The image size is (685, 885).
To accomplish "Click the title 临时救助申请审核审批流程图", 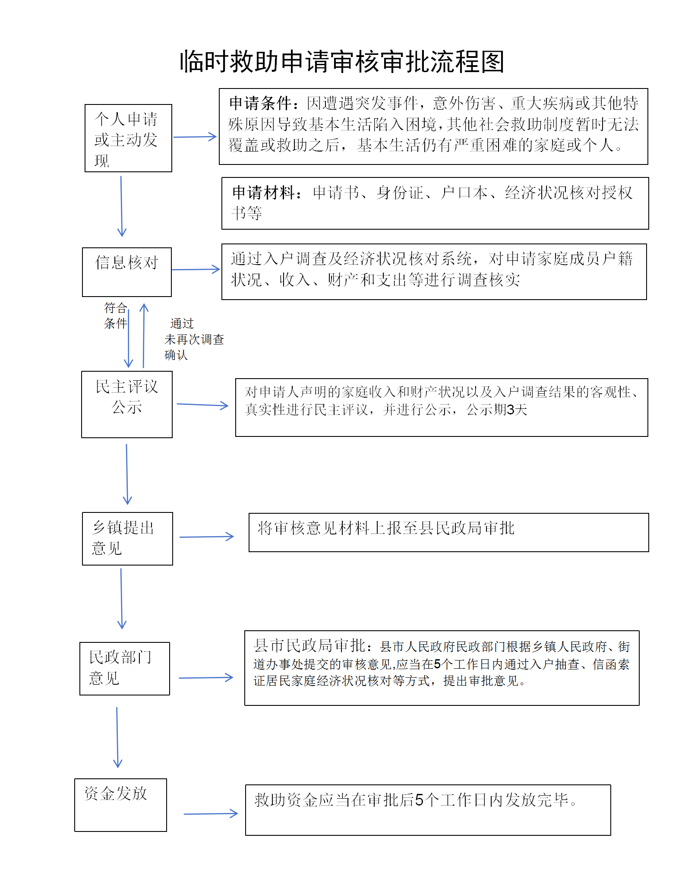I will click(x=342, y=62).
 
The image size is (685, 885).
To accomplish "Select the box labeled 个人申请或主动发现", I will click(x=128, y=138).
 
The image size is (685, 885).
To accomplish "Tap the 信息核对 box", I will click(x=127, y=272).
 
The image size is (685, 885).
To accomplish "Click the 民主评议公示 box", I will click(x=127, y=404).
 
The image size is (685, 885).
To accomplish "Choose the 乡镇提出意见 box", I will click(x=127, y=538).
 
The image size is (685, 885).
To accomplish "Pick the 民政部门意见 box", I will click(x=125, y=668).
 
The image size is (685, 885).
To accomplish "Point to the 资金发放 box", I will click(x=120, y=805).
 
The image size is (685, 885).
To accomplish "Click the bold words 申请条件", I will click(x=260, y=104).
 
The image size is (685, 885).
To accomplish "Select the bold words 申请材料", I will click(x=263, y=193).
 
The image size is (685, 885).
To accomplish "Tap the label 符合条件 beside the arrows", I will click(x=115, y=316).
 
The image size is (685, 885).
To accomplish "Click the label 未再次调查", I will click(x=194, y=340).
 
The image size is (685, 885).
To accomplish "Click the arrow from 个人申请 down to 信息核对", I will click(x=121, y=206).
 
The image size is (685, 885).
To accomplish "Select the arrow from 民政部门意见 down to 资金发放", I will click(x=117, y=737).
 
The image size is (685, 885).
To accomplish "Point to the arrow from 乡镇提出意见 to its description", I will click(x=206, y=537).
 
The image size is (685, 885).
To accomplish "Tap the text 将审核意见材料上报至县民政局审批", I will click(x=386, y=528).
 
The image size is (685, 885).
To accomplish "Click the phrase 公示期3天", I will click(x=497, y=410).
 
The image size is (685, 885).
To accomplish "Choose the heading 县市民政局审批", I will click(x=310, y=645).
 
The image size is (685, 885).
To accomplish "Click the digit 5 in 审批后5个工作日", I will click(x=419, y=800).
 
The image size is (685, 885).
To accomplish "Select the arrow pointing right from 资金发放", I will click(x=211, y=814).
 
